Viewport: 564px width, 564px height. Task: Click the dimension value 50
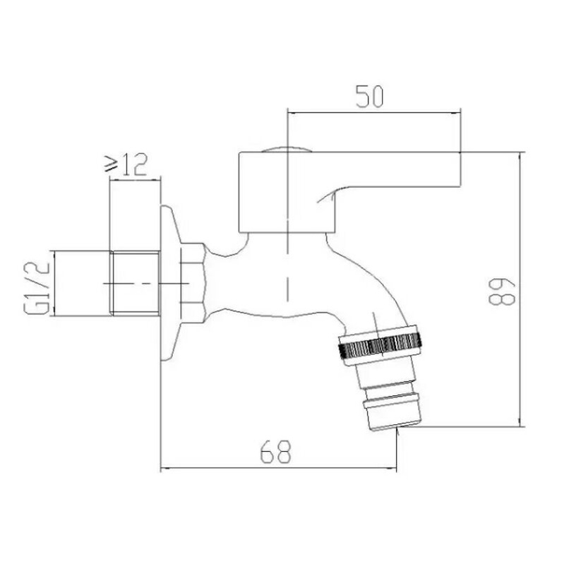click(x=369, y=97)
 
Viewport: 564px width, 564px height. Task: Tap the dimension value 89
click(x=502, y=292)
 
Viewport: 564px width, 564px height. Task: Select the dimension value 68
click(x=275, y=452)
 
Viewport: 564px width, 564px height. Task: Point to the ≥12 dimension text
click(x=126, y=164)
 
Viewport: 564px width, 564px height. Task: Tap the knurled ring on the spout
click(x=380, y=344)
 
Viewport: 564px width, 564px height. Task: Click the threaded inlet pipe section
click(x=135, y=284)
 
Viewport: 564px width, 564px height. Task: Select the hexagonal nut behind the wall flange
click(x=193, y=283)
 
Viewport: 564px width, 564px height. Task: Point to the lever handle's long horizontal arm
click(x=396, y=169)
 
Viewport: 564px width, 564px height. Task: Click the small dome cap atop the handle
click(x=287, y=149)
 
